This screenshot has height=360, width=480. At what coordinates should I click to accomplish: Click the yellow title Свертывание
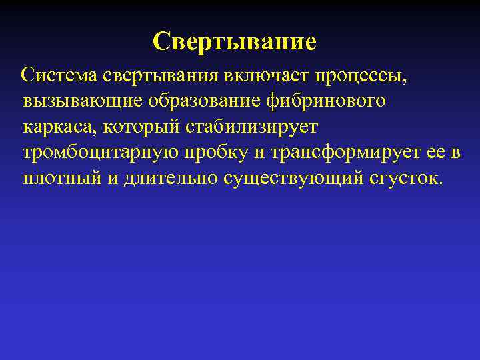point(234,43)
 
